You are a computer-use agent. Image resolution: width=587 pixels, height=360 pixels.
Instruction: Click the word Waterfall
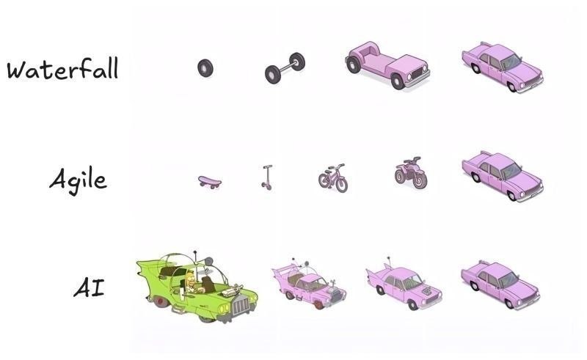pyautogui.click(x=62, y=68)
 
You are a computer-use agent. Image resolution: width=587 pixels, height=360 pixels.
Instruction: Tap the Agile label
pyautogui.click(x=78, y=181)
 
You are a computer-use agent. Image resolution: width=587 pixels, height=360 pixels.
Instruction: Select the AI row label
pyautogui.click(x=89, y=288)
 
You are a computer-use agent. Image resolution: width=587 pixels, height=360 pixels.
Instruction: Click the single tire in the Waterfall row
pyautogui.click(x=205, y=68)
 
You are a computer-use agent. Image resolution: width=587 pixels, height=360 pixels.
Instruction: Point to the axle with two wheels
pyautogui.click(x=285, y=67)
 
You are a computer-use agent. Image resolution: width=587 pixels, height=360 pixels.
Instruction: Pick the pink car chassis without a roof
pyautogui.click(x=387, y=65)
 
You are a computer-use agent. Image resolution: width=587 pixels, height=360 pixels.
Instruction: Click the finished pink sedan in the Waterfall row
pyautogui.click(x=503, y=67)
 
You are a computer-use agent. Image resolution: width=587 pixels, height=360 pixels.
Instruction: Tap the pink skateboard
pyautogui.click(x=210, y=183)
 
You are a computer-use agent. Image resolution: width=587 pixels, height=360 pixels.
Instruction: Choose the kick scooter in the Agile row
pyautogui.click(x=267, y=177)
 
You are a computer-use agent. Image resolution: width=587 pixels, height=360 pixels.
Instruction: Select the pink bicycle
pyautogui.click(x=333, y=178)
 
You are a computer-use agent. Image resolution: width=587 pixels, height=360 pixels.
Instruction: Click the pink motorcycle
pyautogui.click(x=411, y=172)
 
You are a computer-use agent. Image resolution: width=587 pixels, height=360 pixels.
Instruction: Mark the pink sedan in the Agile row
pyautogui.click(x=503, y=176)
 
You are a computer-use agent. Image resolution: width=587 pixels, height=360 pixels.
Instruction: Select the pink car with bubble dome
pyautogui.click(x=309, y=283)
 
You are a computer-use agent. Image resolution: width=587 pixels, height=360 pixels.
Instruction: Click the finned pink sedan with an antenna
pyautogui.click(x=404, y=285)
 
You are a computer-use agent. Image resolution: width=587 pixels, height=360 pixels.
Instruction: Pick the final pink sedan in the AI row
pyautogui.click(x=500, y=284)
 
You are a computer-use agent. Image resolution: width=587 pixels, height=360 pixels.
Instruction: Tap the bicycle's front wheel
pyautogui.click(x=341, y=185)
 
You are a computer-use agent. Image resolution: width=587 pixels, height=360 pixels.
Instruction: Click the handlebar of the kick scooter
pyautogui.click(x=268, y=166)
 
